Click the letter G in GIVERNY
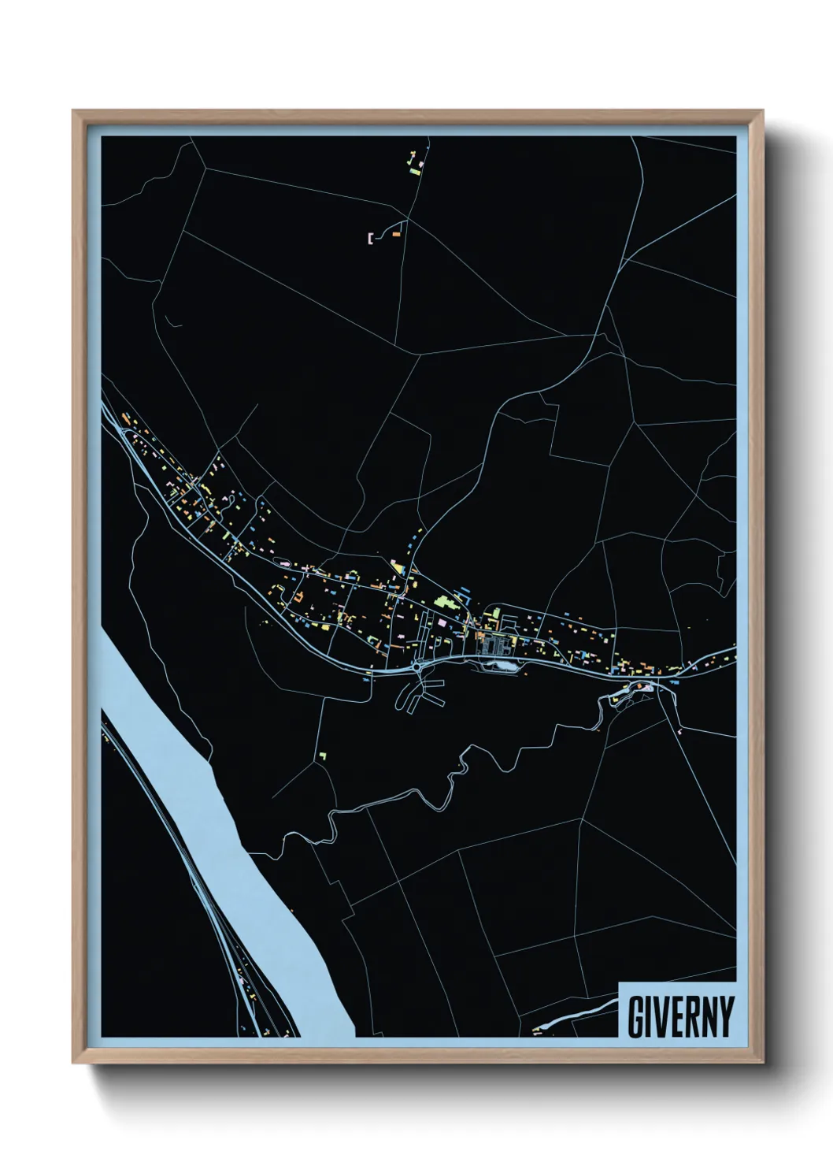(634, 1017)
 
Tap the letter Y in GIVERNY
(725, 1017)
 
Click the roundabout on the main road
(415, 667)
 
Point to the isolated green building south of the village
(322, 756)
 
